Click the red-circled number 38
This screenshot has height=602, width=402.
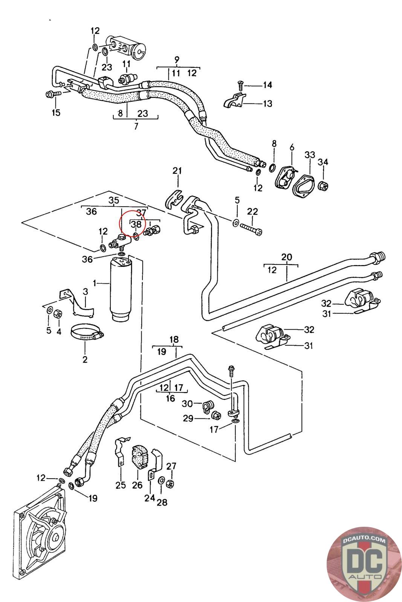click(136, 224)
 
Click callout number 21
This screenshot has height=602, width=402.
click(177, 171)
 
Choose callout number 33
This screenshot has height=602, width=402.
click(310, 155)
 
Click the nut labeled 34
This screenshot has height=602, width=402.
click(323, 186)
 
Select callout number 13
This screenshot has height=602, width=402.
click(267, 103)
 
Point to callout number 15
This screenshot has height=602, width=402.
click(56, 112)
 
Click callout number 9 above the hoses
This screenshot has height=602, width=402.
click(177, 59)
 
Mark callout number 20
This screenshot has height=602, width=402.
click(286, 257)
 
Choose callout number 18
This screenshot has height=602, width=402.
click(174, 339)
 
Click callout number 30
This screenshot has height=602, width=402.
click(187, 404)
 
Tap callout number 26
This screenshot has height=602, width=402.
click(137, 485)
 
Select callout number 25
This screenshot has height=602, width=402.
click(121, 485)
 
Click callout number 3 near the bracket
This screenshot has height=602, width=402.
click(86, 292)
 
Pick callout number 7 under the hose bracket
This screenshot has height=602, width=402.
click(136, 126)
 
